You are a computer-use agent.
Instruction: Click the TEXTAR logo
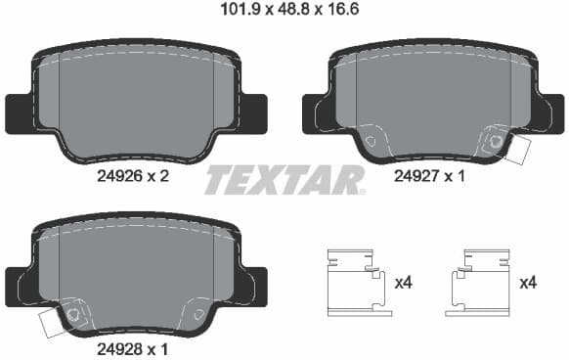point(284,180)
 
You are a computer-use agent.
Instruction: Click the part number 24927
point(415,177)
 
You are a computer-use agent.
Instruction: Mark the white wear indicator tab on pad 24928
point(53,322)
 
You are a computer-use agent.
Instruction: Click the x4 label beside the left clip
point(404,283)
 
